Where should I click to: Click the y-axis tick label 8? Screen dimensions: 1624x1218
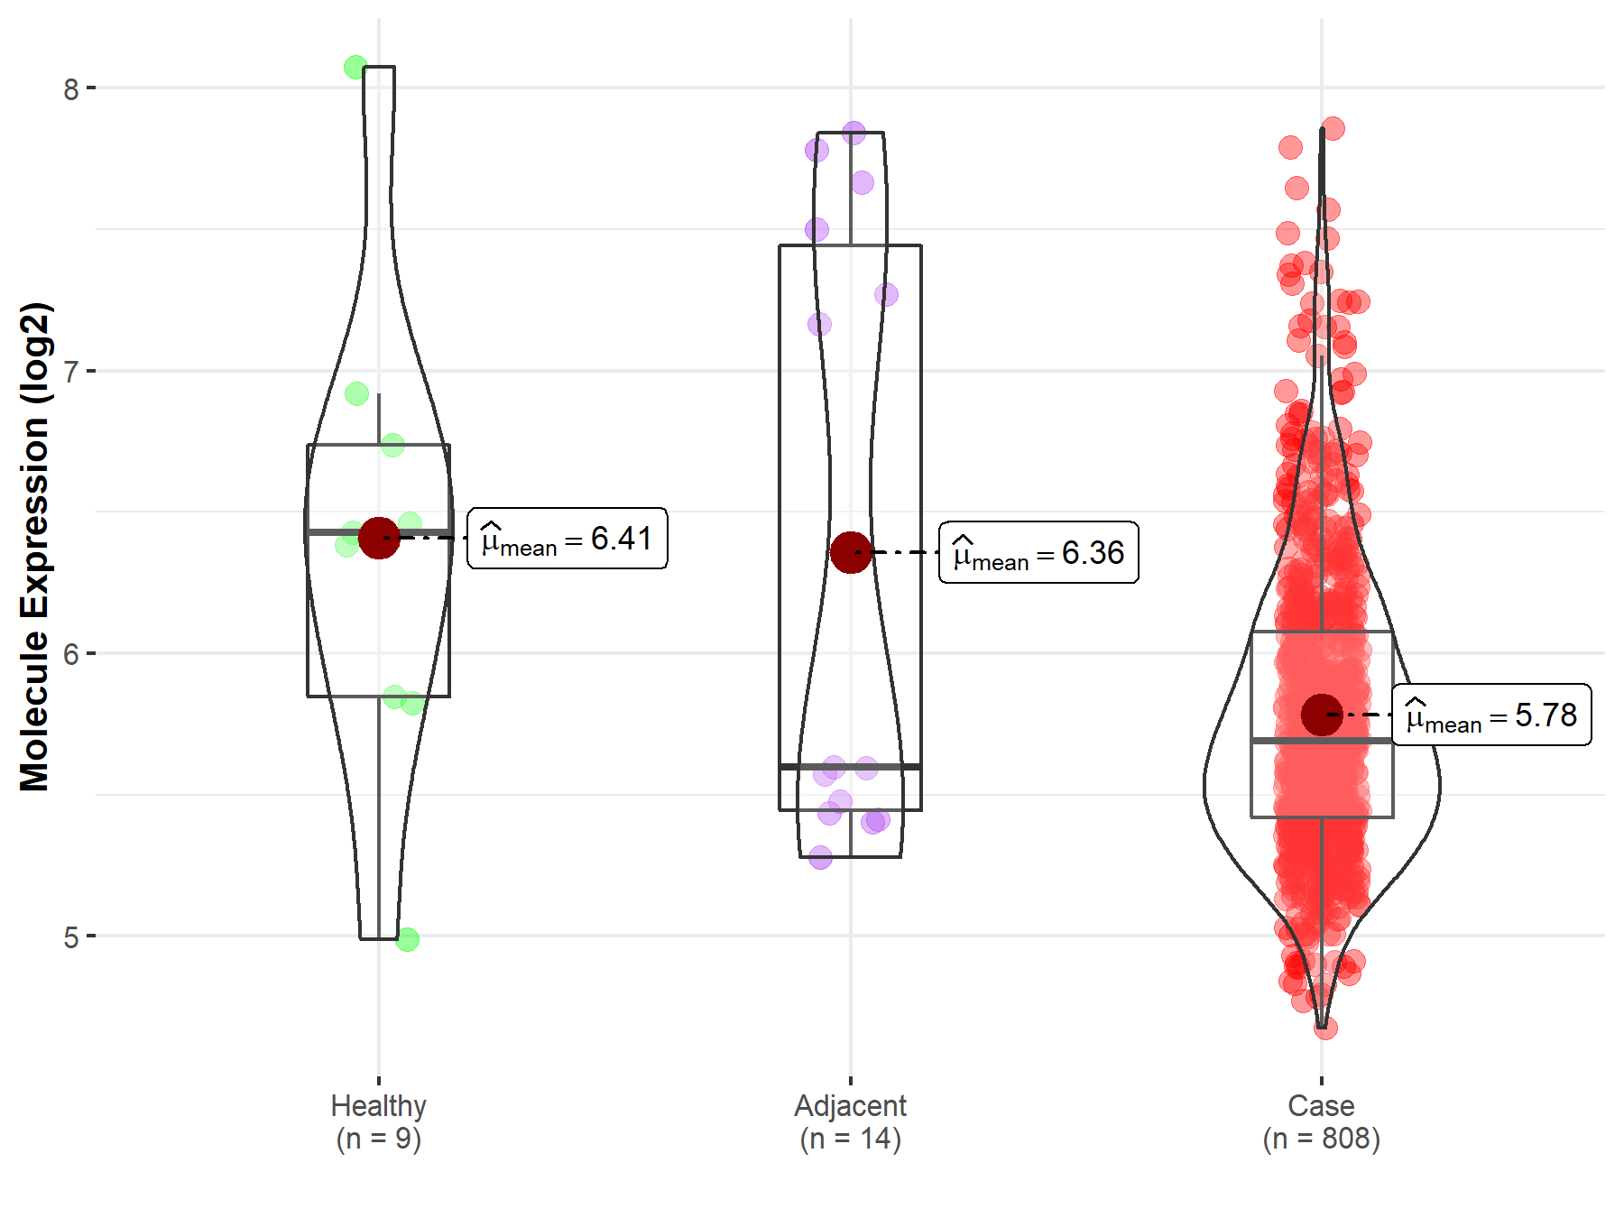(x=71, y=88)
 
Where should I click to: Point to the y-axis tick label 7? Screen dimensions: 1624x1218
(x=71, y=371)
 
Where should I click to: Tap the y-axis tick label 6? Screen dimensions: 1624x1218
(x=71, y=654)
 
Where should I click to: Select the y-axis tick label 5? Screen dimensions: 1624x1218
(x=71, y=937)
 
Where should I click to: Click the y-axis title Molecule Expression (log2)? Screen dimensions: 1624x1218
(x=35, y=547)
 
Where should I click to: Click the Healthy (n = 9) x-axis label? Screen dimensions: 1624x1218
(x=379, y=1121)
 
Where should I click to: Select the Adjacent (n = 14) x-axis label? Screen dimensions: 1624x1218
(x=851, y=1121)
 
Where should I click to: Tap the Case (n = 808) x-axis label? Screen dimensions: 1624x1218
(x=1322, y=1121)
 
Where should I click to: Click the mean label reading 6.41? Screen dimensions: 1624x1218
(x=567, y=539)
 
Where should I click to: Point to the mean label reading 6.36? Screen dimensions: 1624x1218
(x=1038, y=552)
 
